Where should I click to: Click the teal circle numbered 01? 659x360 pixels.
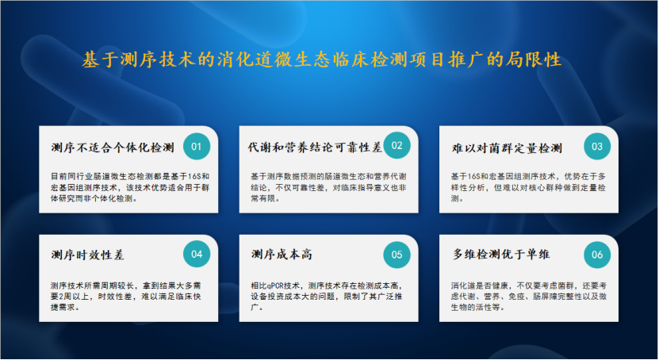[x=197, y=147]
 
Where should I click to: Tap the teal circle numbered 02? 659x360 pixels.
[x=397, y=147]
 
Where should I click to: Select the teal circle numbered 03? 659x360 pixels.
[x=597, y=147]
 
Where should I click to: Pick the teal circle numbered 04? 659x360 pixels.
[x=197, y=255]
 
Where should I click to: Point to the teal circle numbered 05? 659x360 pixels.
[x=397, y=255]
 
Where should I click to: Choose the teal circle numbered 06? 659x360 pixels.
[x=597, y=255]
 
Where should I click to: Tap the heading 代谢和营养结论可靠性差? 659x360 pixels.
[x=315, y=147]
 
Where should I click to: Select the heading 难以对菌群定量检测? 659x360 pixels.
[x=507, y=147]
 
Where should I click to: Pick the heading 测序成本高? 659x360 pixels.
[x=281, y=255]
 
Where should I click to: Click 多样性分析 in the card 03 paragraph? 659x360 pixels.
[x=470, y=187]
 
